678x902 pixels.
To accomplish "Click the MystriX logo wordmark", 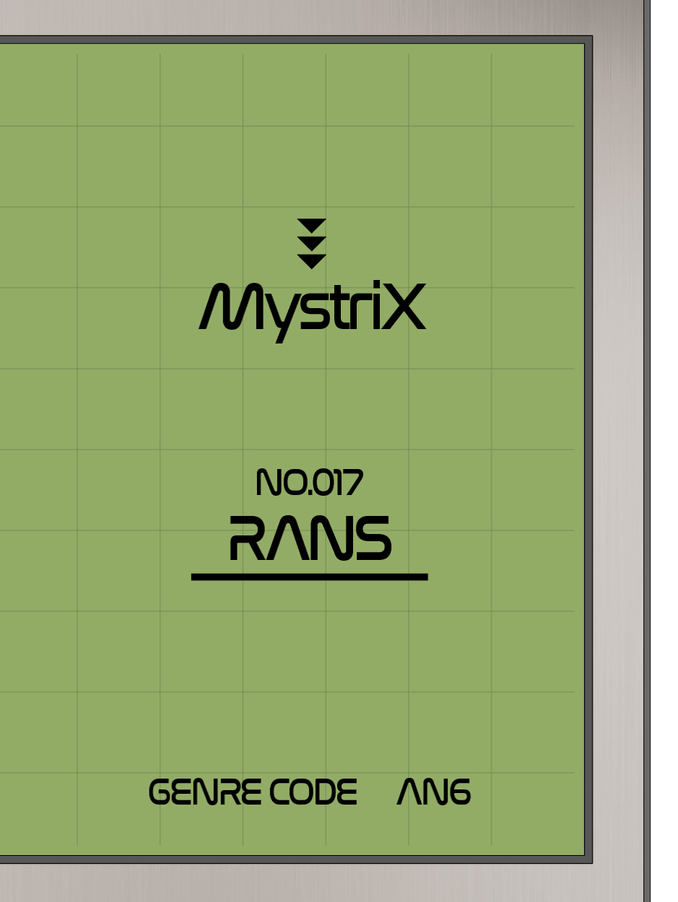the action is click(312, 309).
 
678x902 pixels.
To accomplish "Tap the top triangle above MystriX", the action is click(312, 225).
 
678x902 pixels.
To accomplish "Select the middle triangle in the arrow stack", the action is click(312, 242).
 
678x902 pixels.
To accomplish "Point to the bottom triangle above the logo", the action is click(312, 260).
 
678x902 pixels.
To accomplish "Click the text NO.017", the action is click(309, 483).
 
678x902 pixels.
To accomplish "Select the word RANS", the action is click(310, 539).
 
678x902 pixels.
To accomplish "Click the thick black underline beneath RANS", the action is click(309, 577).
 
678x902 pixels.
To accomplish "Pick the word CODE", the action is click(313, 792).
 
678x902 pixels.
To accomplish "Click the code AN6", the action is click(433, 792).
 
